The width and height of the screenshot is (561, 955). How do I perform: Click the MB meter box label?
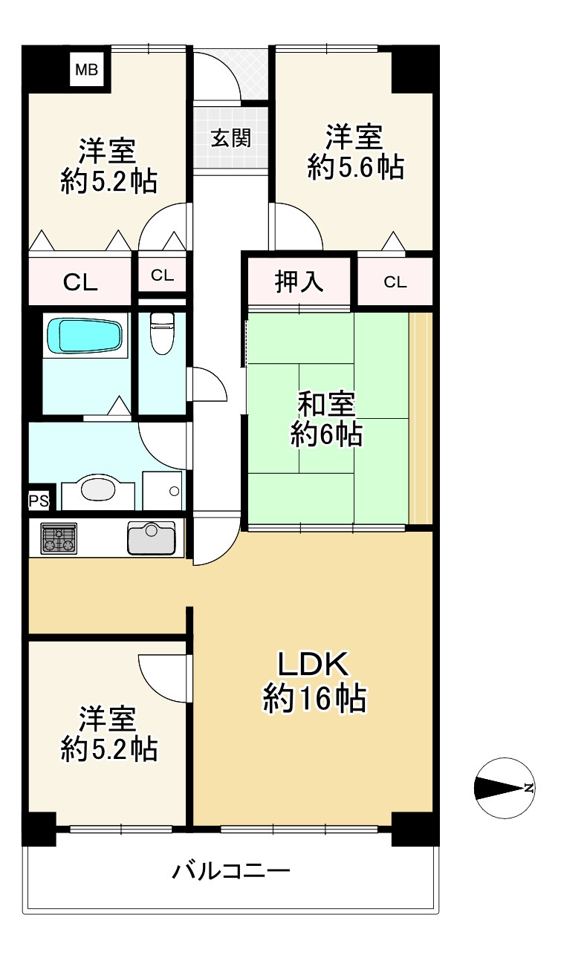[86, 71]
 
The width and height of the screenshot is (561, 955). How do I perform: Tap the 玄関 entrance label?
[230, 138]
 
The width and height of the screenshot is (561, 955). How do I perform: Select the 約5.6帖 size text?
[356, 169]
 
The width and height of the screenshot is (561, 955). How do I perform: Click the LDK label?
[313, 664]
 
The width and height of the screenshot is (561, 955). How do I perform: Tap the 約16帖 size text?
[314, 699]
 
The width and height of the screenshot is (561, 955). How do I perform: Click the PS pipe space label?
[39, 501]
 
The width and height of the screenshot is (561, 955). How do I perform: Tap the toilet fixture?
[161, 333]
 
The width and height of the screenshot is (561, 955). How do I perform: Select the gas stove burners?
[58, 538]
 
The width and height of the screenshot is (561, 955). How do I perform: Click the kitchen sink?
[152, 538]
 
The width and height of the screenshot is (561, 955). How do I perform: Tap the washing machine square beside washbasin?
[163, 490]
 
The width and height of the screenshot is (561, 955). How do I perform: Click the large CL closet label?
[80, 281]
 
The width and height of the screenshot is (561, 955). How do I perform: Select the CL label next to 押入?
[395, 281]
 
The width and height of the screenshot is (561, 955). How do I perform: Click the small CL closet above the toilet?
[162, 276]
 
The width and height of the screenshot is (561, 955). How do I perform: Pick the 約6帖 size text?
[326, 434]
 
